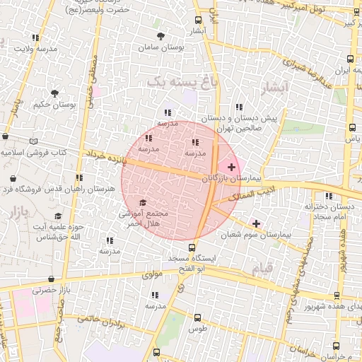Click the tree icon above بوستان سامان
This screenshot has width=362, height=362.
coord(162,35)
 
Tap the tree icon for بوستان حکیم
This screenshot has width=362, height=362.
coord(55,93)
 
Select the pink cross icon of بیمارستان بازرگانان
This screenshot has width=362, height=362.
coord(232,166)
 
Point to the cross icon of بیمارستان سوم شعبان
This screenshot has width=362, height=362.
coord(256,224)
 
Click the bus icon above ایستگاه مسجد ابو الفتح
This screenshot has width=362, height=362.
coord(192,247)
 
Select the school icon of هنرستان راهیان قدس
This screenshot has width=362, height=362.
coord(79,177)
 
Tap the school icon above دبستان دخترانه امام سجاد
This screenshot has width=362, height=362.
coord(328,196)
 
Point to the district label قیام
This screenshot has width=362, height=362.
coord(265,269)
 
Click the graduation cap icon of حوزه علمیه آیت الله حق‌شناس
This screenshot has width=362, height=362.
coord(58,216)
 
